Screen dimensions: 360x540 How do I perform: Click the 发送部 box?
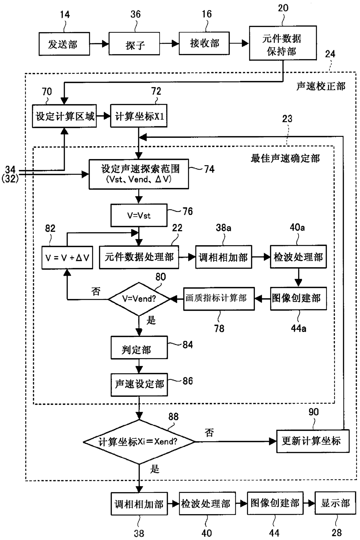(x=64, y=44)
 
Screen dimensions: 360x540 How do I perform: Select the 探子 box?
(x=134, y=44)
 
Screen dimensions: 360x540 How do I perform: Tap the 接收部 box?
(x=204, y=43)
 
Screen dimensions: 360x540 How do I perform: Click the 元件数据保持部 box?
(x=283, y=43)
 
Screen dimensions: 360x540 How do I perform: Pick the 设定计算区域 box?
(x=64, y=116)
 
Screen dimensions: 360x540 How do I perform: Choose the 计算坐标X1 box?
(x=139, y=116)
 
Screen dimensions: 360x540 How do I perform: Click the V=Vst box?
(x=139, y=215)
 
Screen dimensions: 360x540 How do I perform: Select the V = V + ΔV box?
(x=67, y=258)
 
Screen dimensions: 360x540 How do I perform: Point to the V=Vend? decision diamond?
(x=139, y=299)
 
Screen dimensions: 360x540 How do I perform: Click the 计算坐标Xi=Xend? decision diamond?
(x=139, y=442)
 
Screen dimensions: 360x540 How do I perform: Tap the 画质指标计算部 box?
(x=219, y=299)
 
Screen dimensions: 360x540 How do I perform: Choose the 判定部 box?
(x=139, y=347)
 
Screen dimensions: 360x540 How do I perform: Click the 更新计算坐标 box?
(x=313, y=441)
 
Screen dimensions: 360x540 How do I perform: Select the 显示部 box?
(x=335, y=503)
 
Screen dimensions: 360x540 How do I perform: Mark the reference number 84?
(x=188, y=345)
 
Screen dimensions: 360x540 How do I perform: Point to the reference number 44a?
(x=298, y=328)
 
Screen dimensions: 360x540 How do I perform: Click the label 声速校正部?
(x=321, y=86)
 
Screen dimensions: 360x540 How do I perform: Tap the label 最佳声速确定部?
(x=285, y=158)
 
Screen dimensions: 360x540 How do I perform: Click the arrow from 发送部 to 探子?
(x=99, y=44)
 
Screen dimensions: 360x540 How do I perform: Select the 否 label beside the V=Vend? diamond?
(x=96, y=291)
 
